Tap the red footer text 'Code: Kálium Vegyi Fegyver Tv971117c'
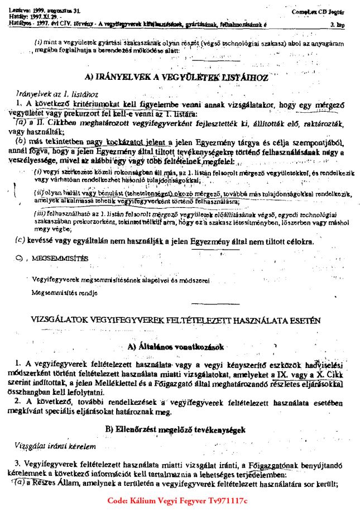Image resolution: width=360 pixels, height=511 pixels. (177, 500)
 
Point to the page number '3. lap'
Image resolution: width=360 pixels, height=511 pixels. (337, 25)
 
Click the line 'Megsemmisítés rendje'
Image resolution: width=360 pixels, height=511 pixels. (64, 292)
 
